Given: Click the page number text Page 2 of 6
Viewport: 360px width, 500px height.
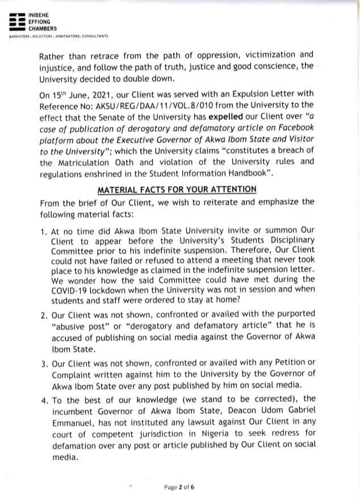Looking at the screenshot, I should pyautogui.click(x=179, y=487).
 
